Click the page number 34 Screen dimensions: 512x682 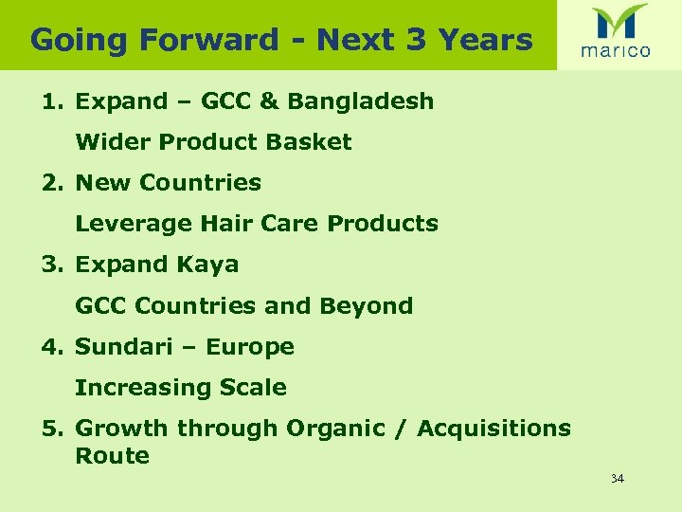[618, 479]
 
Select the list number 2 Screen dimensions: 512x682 [49, 183]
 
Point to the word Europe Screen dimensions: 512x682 [250, 347]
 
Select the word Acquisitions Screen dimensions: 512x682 [494, 429]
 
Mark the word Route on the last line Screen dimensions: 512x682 [112, 456]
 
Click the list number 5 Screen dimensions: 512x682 [49, 429]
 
